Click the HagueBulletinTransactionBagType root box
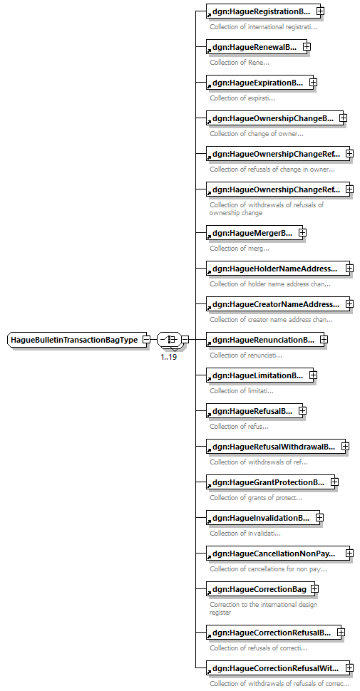tap(77, 340)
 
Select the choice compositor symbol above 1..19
tap(169, 340)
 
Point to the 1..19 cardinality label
tap(169, 357)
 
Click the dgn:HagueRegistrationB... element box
tap(261, 11)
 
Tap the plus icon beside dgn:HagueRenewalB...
tap(307, 46)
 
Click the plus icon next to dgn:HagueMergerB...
tap(303, 232)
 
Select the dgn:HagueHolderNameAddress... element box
tap(275, 268)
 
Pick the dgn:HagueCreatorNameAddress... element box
tap(275, 303)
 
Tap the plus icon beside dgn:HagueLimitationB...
tap(313, 375)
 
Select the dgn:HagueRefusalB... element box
tap(252, 411)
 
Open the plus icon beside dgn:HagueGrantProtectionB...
tap(334, 482)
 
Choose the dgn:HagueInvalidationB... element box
tap(261, 518)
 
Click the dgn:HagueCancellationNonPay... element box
tap(275, 554)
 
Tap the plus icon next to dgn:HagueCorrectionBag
tap(314, 588)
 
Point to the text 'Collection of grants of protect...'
tap(256, 498)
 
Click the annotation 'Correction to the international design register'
tap(263, 608)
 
